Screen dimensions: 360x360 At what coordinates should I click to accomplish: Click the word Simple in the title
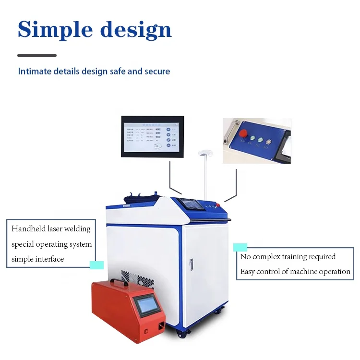click(54, 29)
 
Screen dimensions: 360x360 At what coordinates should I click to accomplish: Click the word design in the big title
click(136, 30)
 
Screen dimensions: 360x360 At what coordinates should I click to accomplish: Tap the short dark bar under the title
click(37, 56)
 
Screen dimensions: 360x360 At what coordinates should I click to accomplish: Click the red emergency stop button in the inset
click(243, 133)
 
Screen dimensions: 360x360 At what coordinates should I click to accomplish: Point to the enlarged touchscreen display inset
click(152, 137)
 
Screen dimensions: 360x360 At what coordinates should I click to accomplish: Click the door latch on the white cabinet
click(191, 264)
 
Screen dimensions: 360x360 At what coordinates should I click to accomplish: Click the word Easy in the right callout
click(247, 272)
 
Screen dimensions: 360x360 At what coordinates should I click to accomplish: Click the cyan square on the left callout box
click(96, 264)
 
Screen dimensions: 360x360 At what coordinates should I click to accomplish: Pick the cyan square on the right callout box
click(240, 247)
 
